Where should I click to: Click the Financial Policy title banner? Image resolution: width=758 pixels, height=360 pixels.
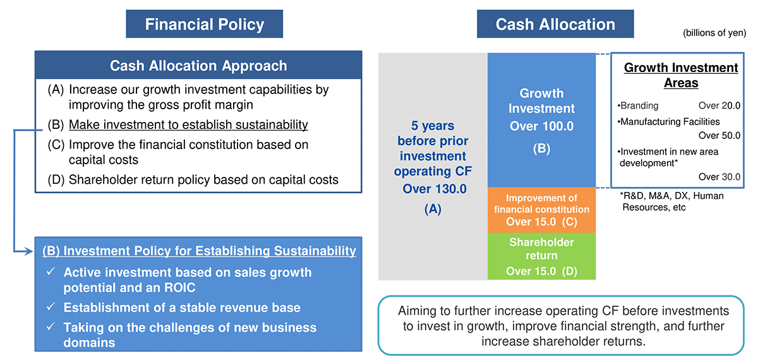click(x=205, y=24)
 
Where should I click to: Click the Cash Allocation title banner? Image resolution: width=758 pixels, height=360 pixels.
click(x=555, y=24)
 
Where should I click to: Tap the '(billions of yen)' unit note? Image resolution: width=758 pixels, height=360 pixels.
click(x=714, y=33)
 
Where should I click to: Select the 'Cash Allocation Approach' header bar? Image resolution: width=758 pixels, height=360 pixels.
click(x=198, y=65)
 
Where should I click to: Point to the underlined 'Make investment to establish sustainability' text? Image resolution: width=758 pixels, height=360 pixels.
click(x=188, y=125)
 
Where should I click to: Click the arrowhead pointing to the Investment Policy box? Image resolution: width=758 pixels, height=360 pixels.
click(x=29, y=251)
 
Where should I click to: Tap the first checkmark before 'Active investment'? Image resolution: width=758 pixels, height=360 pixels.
click(x=51, y=272)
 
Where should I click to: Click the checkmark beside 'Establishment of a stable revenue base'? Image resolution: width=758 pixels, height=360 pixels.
click(x=51, y=306)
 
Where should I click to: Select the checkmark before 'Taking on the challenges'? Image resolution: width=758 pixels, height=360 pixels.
click(x=51, y=327)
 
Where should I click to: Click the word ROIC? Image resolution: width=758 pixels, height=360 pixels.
click(x=179, y=287)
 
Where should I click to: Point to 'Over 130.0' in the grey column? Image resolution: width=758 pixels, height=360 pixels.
click(x=435, y=189)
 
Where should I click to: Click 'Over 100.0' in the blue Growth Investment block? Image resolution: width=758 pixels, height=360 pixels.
click(x=541, y=126)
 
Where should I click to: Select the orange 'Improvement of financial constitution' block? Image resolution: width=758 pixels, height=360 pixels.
click(x=541, y=210)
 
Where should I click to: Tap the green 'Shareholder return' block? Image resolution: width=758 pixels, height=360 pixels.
click(x=541, y=256)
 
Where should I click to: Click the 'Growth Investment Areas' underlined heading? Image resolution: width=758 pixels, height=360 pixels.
click(x=681, y=75)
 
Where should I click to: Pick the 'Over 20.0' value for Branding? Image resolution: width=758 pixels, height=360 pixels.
click(x=719, y=105)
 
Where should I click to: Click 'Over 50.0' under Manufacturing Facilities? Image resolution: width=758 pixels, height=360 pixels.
click(x=719, y=135)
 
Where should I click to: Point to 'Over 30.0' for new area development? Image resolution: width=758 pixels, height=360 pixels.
click(x=719, y=177)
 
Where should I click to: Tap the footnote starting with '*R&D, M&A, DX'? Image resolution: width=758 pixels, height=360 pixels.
click(x=671, y=201)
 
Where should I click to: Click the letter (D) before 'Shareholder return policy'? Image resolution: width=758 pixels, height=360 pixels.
click(x=56, y=179)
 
